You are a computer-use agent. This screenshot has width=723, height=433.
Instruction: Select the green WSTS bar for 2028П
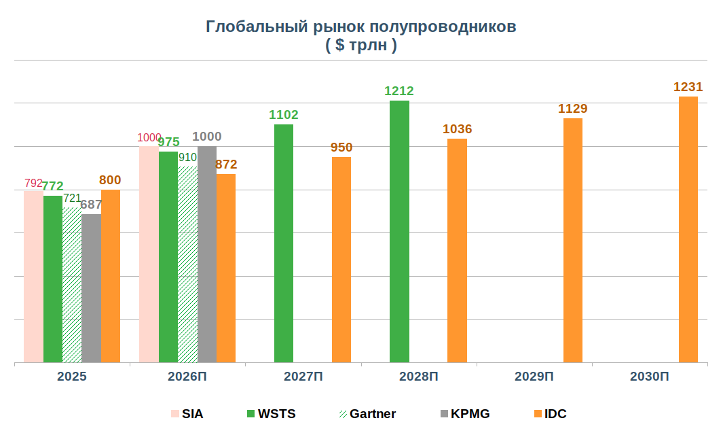pos(399,231)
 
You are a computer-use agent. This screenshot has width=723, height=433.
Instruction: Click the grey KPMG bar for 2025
pos(91,288)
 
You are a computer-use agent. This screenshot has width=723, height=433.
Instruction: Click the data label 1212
pos(399,91)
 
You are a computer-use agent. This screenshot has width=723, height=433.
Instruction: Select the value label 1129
pos(572,109)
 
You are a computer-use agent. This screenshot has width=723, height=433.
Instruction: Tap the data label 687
pos(91,205)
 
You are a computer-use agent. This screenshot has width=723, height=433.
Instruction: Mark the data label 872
pos(225,164)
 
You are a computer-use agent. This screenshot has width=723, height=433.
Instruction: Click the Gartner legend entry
pos(366,413)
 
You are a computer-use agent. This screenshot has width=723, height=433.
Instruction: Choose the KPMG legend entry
pos(464,413)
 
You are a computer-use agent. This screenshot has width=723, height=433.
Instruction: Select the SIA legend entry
pos(186,413)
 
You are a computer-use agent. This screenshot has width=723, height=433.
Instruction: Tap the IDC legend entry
pos(549,413)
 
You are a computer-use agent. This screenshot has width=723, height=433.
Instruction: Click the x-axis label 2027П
pos(303,376)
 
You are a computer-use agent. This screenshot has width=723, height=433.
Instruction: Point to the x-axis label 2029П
pos(534,376)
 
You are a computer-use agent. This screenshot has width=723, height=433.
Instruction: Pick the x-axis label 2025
pos(72,376)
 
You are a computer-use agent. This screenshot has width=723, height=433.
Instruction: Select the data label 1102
pos(284,115)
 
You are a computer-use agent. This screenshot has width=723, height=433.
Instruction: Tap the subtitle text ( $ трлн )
pos(360,45)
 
